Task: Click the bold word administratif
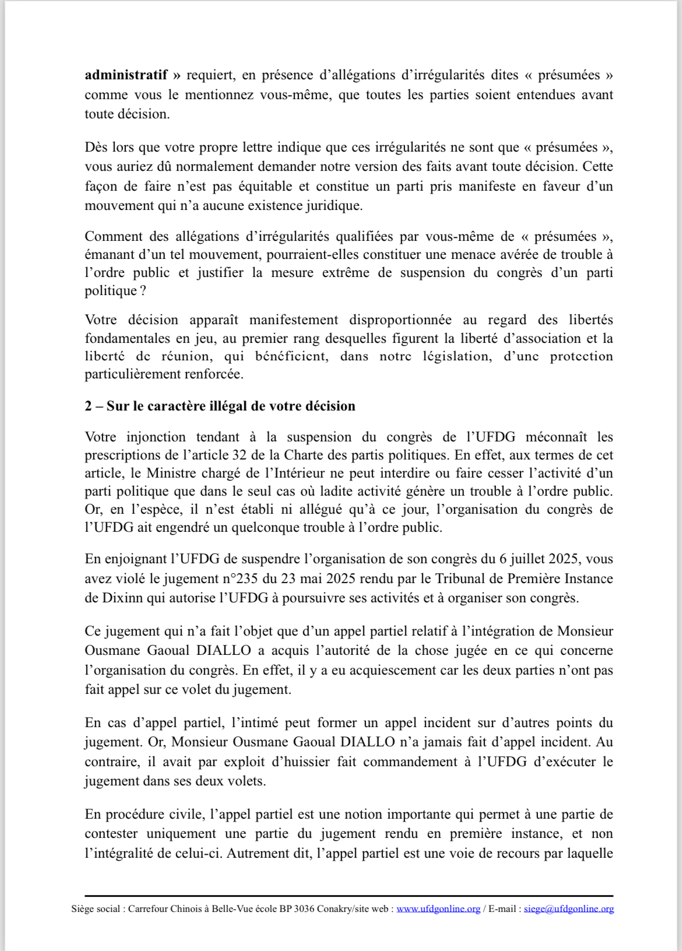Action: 126,75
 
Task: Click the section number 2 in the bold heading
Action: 88,406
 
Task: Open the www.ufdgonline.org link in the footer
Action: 438,909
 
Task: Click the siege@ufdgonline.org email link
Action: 568,909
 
